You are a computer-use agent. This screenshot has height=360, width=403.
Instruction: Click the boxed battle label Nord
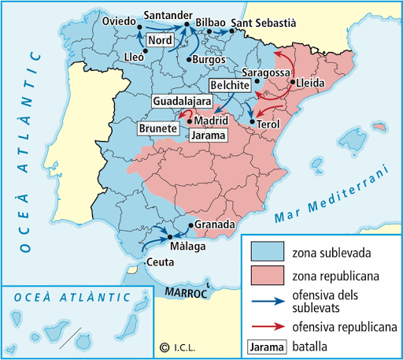(x=160, y=40)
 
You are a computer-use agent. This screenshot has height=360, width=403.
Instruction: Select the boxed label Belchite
(x=230, y=85)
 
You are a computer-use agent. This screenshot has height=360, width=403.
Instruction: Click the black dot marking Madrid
(x=189, y=121)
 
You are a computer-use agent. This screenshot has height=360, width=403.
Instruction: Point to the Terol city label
(x=269, y=124)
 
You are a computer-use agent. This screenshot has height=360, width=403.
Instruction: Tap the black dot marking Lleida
(x=292, y=82)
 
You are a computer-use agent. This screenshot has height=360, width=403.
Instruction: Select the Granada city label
(x=214, y=225)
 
